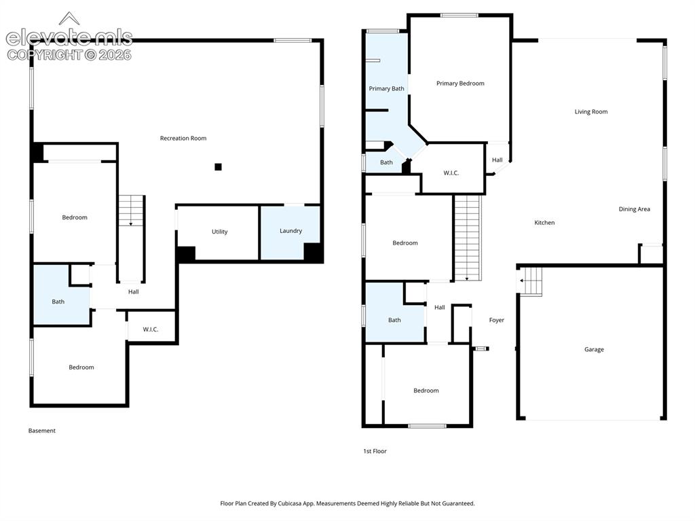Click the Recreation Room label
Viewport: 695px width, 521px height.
[x=183, y=138]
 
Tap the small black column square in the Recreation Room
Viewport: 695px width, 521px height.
[x=218, y=167]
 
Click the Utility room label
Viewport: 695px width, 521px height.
[x=219, y=232]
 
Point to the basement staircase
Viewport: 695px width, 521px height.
[x=131, y=238]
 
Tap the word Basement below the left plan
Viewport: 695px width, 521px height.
[x=41, y=431]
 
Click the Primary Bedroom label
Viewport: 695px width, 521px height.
[x=460, y=84]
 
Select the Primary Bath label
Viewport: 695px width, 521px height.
[x=386, y=89]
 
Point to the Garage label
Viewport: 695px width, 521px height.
[x=594, y=350]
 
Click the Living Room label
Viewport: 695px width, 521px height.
[x=591, y=112]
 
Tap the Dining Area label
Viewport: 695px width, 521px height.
[x=635, y=209]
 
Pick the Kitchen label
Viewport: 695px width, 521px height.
[x=544, y=223]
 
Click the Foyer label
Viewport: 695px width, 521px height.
[x=496, y=320]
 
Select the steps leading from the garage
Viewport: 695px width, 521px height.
[x=530, y=281]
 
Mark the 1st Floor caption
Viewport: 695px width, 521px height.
[x=375, y=451]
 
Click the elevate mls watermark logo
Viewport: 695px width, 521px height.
[x=69, y=37]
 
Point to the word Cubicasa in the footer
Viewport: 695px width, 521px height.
[x=291, y=503]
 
